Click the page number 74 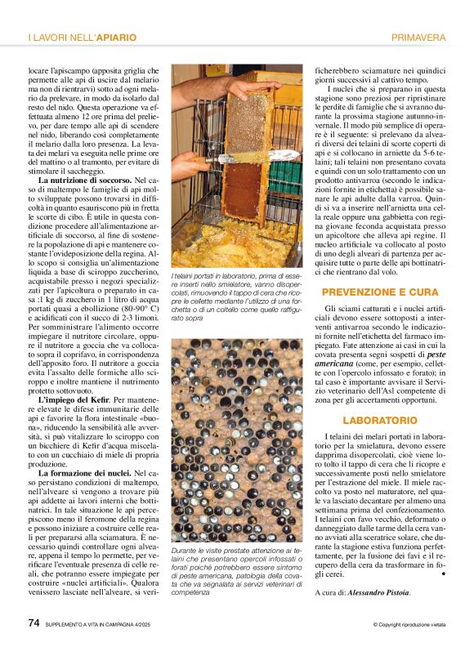pos(34,622)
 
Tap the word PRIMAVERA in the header pos(418,38)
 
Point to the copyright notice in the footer pos(409,625)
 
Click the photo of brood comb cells pos(236,441)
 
